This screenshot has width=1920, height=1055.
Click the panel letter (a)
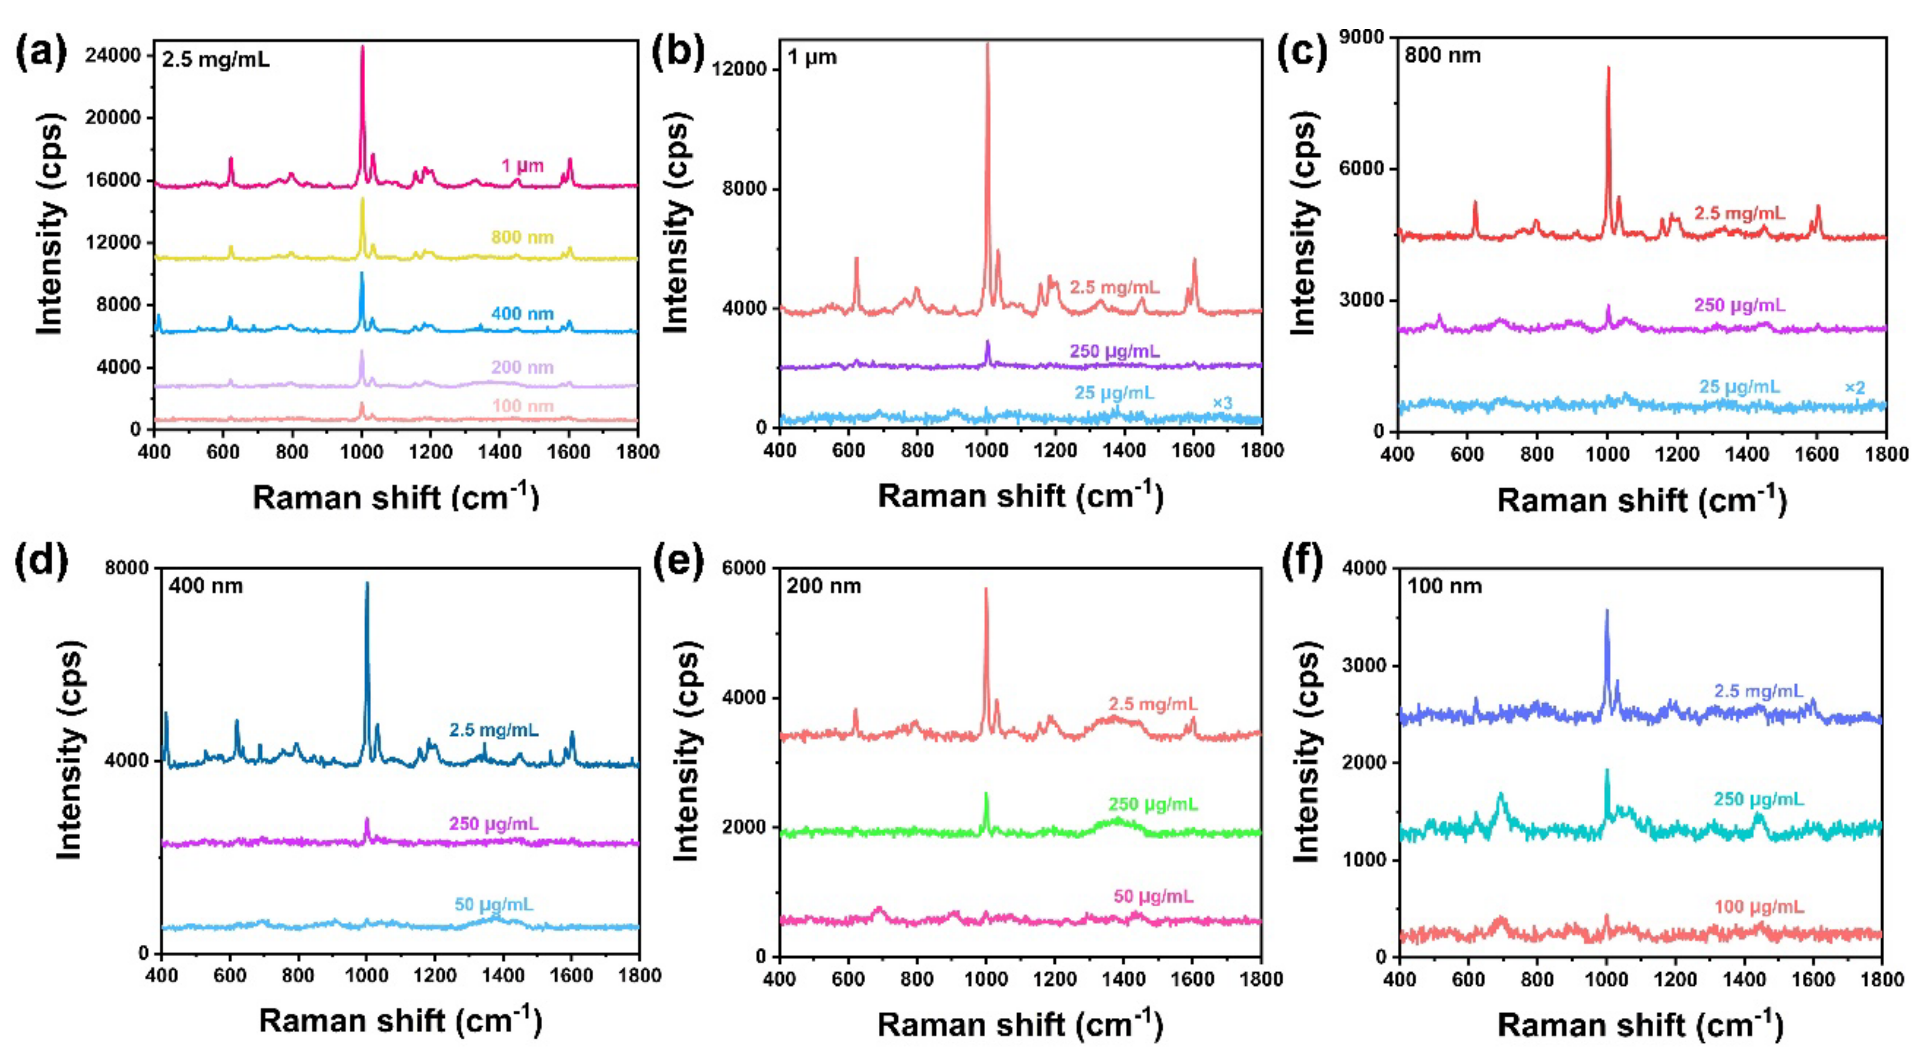point(41,54)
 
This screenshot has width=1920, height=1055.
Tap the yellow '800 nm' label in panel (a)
point(522,237)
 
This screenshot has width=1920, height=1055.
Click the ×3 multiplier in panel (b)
point(1222,403)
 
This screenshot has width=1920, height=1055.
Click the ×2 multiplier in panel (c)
point(1855,388)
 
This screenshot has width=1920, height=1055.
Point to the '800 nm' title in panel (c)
point(1442,56)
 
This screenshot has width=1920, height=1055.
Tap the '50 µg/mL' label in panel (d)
point(493,905)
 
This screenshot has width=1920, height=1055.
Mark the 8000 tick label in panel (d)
point(127,568)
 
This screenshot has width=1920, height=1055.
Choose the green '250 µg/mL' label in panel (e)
point(1152,804)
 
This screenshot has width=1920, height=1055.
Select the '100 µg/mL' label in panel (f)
point(1759,907)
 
